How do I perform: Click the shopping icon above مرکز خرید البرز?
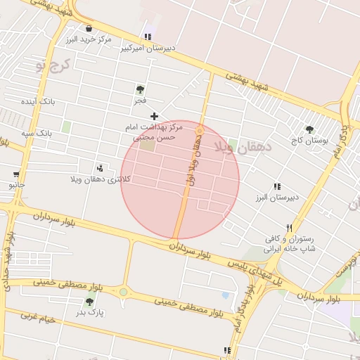point(89,28)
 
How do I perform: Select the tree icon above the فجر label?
point(140,89)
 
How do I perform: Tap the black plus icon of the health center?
point(154,116)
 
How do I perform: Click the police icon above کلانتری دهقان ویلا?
point(100,168)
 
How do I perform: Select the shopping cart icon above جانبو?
point(16,174)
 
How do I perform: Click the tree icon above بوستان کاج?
point(309,129)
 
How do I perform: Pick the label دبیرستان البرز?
point(277,198)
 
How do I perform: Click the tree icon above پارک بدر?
point(89,302)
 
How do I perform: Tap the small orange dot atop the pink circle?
point(200,130)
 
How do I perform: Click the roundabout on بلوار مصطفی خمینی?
point(124,291)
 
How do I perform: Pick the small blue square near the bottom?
point(225,295)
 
